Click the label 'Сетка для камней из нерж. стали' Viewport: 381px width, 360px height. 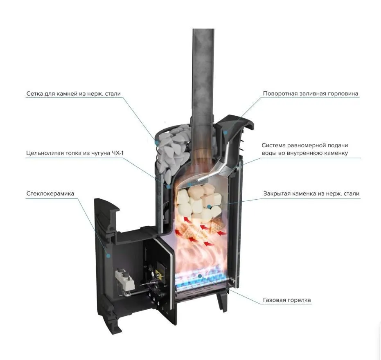pyautogui.click(x=74, y=94)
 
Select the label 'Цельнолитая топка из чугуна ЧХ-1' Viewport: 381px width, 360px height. pyautogui.click(x=75, y=153)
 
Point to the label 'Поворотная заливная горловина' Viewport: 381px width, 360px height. pyautogui.click(x=310, y=94)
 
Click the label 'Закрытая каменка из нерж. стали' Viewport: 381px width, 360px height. pyautogui.click(x=311, y=193)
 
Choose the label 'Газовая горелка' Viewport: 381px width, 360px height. pyautogui.click(x=287, y=300)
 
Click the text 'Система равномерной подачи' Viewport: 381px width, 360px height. pyautogui.click(x=305, y=145)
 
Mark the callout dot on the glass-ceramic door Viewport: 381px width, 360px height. pyautogui.click(x=109, y=256)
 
